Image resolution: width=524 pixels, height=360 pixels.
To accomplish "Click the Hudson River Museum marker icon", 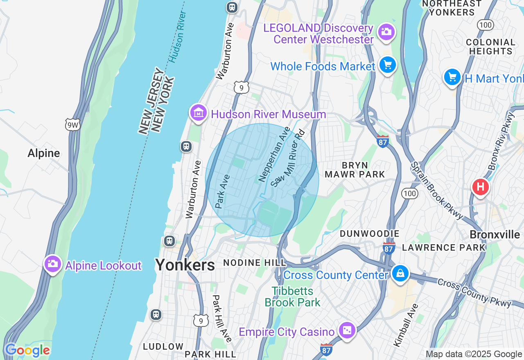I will (199, 113).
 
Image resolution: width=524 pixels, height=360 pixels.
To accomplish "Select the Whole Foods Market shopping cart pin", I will (387, 65).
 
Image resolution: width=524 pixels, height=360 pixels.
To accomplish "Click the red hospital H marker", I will (480, 187).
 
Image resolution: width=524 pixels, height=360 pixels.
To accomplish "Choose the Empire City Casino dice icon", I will (347, 330).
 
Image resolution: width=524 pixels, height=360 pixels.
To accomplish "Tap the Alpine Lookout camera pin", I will (53, 264).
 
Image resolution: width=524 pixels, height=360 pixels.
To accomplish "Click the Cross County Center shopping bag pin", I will (400, 273).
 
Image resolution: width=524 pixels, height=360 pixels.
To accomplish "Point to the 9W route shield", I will (72, 125).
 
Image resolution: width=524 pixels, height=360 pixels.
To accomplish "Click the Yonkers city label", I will (185, 265).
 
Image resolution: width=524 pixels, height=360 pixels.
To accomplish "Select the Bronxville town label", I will (495, 235).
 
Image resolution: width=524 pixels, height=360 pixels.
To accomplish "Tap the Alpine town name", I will (44, 153).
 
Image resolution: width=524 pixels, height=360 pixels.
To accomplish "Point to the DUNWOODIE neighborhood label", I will (370, 234).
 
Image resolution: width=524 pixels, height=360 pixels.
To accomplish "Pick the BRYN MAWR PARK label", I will (355, 170).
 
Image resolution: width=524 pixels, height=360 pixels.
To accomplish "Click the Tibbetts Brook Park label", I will (293, 297).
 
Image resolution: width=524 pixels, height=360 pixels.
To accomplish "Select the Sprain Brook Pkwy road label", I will (437, 191).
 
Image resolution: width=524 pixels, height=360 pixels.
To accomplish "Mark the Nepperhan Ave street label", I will (274, 154).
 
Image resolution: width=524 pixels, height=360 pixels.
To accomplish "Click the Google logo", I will (27, 351).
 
